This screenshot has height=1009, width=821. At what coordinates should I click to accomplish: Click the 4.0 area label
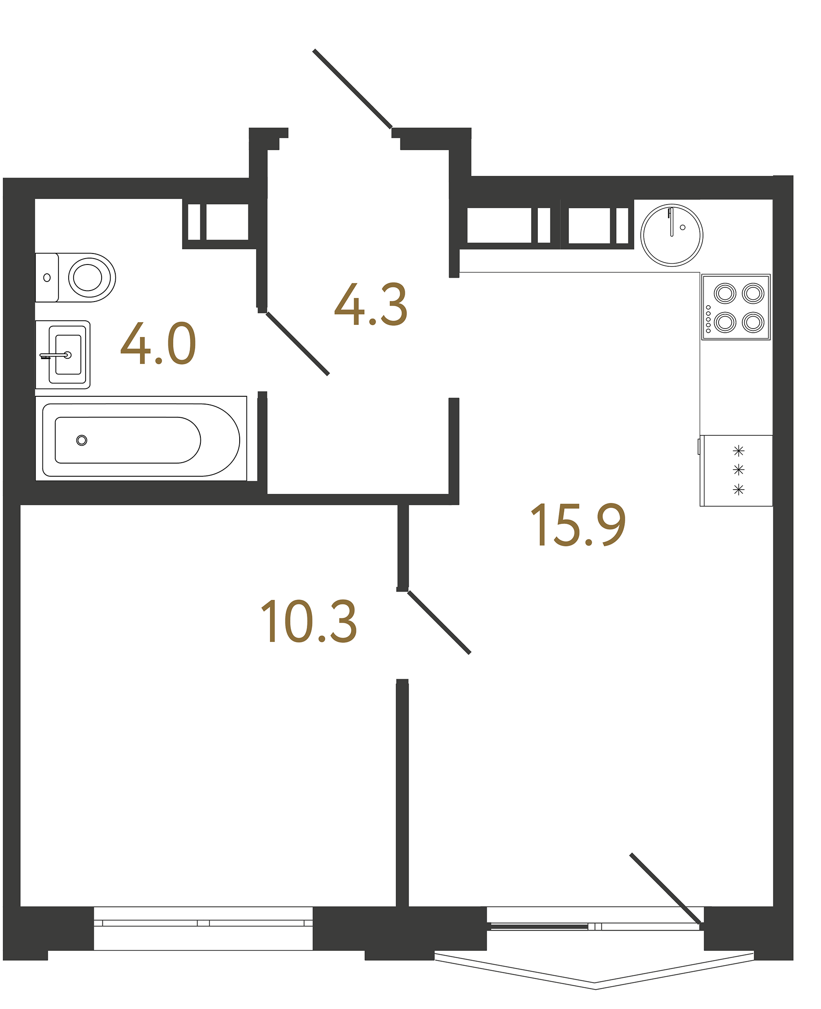click(158, 344)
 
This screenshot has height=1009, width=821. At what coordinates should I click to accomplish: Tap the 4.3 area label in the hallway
click(370, 305)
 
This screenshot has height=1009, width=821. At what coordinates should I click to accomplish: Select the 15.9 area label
click(578, 524)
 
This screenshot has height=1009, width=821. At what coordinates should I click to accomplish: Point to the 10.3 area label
click(309, 621)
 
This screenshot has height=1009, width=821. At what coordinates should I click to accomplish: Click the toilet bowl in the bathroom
click(88, 277)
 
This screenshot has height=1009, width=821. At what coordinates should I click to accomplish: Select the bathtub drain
click(82, 440)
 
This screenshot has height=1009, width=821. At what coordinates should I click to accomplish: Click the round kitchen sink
click(671, 235)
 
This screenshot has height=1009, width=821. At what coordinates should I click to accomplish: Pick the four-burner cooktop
click(736, 307)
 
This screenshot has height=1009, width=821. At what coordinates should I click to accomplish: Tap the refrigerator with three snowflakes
click(737, 470)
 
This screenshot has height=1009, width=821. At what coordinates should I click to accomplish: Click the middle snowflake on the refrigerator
click(738, 470)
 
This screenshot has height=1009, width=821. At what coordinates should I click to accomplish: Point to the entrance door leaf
click(352, 89)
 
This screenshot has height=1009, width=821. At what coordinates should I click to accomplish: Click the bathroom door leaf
click(297, 344)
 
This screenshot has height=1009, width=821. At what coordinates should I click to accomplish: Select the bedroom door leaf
click(439, 622)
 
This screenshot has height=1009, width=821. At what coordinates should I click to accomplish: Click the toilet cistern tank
click(46, 277)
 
